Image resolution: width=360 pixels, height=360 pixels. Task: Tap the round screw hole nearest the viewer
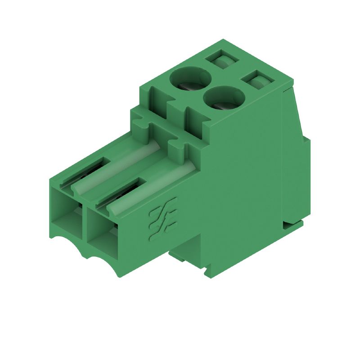coord(224,98)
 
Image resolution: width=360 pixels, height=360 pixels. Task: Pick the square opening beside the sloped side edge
coord(257,81)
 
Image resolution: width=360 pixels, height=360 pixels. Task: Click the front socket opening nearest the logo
coord(102,229)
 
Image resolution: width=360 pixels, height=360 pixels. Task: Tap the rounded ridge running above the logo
coord(153,187)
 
